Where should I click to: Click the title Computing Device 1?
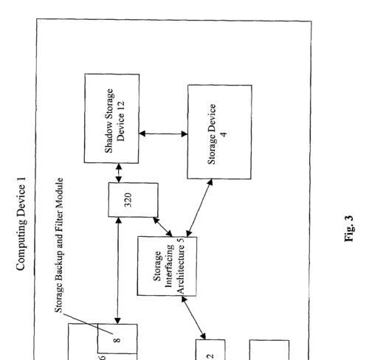tap(21, 224)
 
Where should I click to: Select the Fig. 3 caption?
tap(349, 229)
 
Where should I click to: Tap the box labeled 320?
tap(133, 200)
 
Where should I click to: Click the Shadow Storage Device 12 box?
tap(111, 118)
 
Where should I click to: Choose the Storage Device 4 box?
tap(219, 132)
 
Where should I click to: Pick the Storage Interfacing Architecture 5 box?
tap(167, 266)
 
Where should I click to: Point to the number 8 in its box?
tap(117, 340)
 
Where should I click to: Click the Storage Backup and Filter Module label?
tap(59, 245)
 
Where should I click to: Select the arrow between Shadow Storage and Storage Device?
tap(163, 134)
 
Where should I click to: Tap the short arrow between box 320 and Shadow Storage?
tap(119, 173)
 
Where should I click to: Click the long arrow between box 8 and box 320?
tap(118, 271)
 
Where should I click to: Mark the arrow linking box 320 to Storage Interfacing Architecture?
tap(162, 227)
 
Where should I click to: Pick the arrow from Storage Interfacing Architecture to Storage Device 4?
tap(199, 208)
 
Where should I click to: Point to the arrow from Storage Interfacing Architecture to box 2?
tap(193, 318)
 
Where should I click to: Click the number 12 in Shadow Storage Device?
tap(121, 105)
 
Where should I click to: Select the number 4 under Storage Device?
tap(224, 134)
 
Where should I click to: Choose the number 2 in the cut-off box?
tap(210, 356)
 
